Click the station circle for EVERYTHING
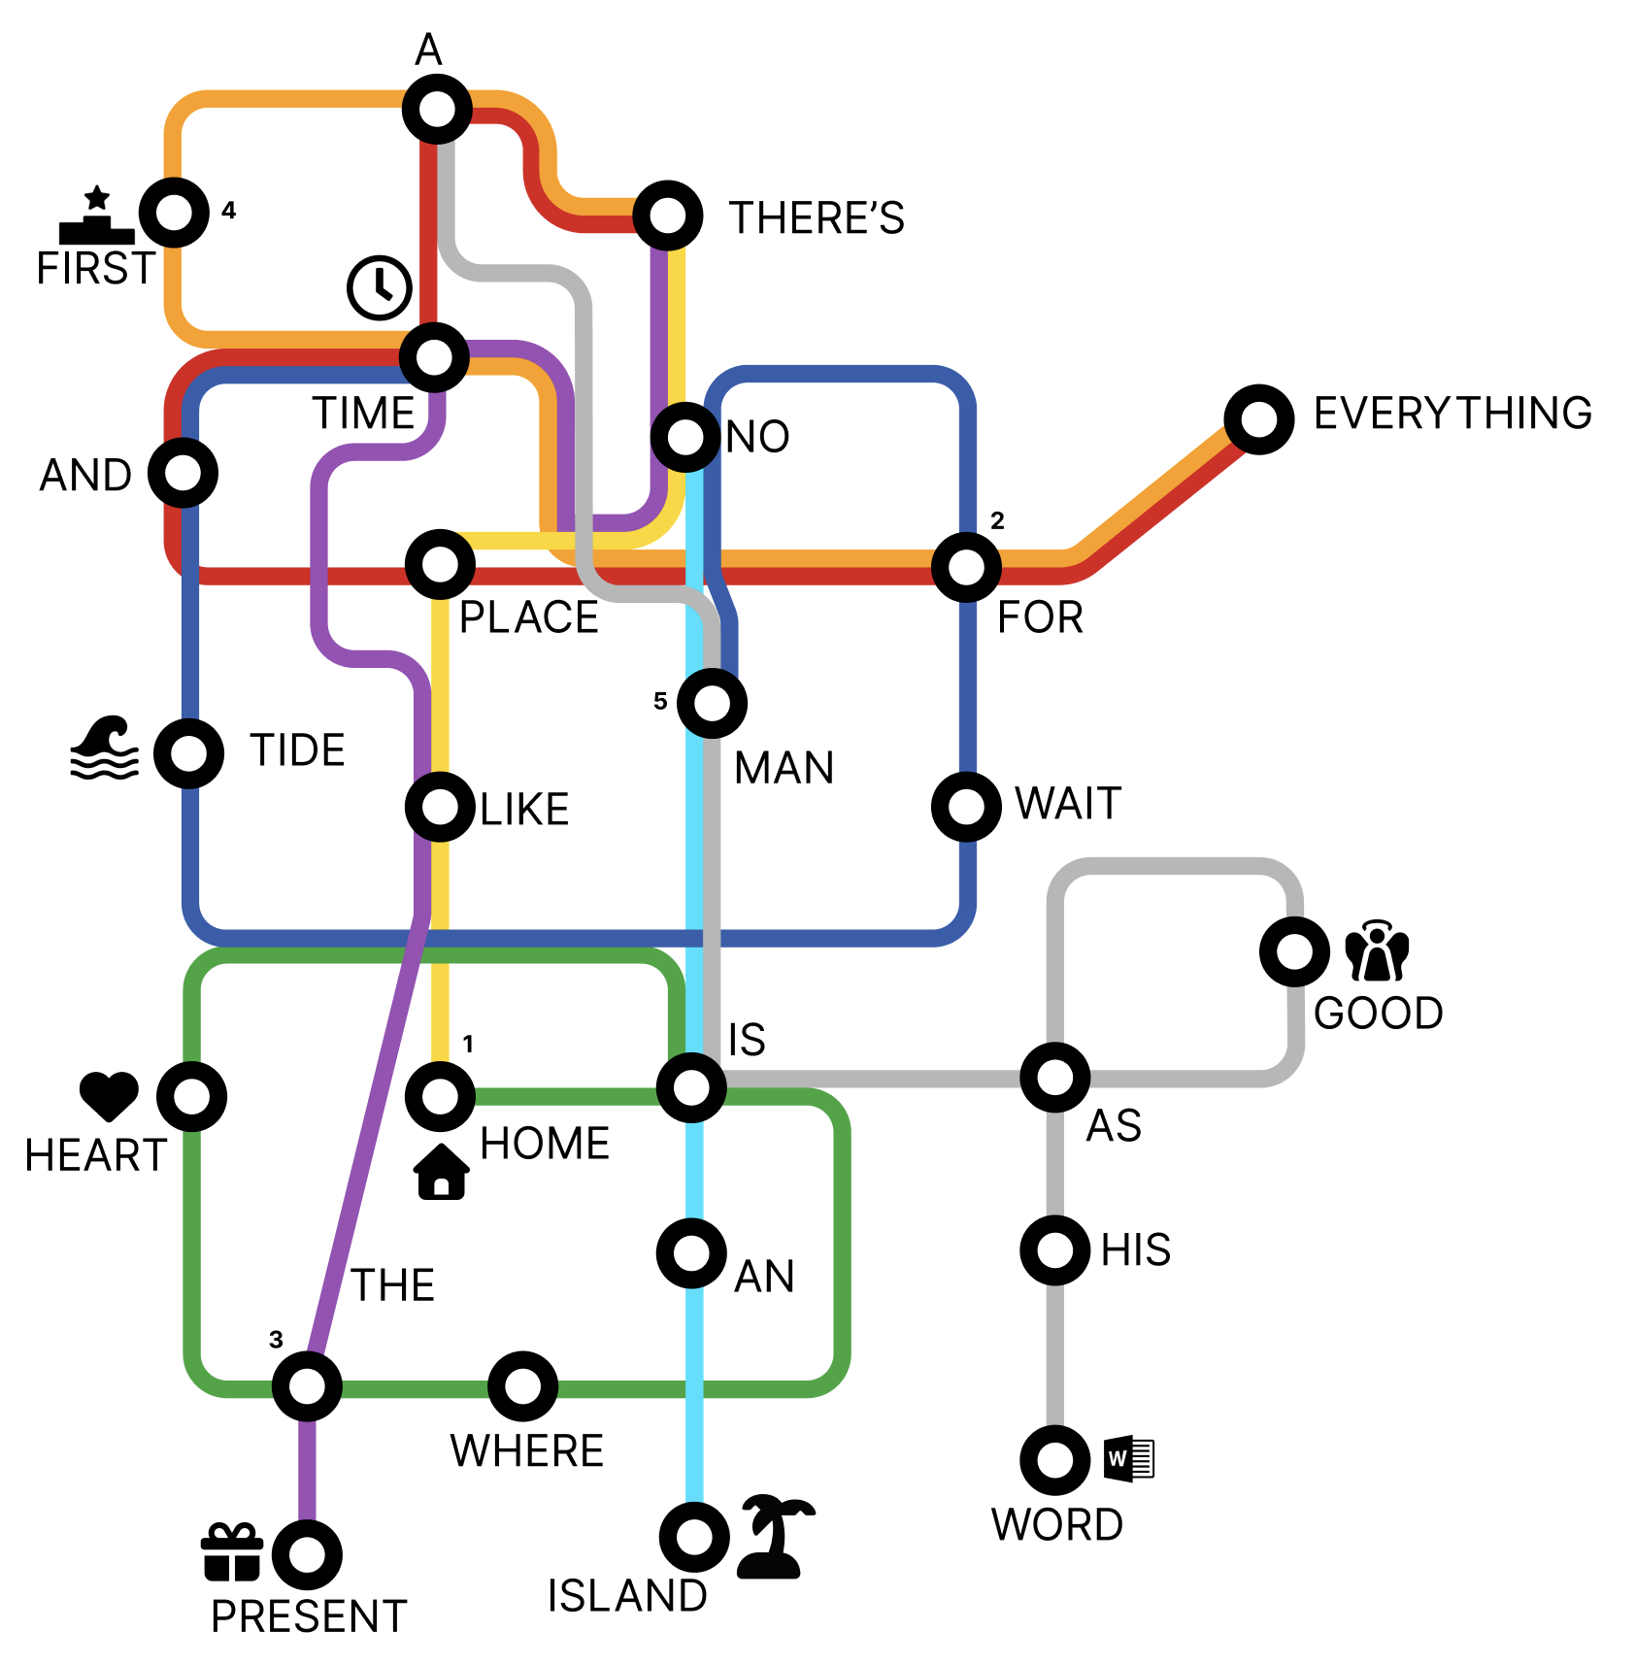click(1258, 418)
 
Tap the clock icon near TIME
click(380, 287)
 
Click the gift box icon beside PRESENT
click(232, 1551)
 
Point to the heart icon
click(109, 1095)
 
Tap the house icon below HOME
click(442, 1172)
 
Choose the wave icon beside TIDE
click(105, 749)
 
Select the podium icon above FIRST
click(97, 216)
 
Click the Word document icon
click(1129, 1458)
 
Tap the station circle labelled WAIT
click(966, 806)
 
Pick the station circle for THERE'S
click(668, 215)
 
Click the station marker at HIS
click(1054, 1249)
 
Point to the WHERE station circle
click(522, 1385)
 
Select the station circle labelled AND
click(183, 473)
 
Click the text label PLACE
click(529, 617)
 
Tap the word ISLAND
click(627, 1596)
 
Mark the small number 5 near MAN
click(660, 701)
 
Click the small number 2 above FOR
click(997, 521)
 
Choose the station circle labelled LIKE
click(440, 806)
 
